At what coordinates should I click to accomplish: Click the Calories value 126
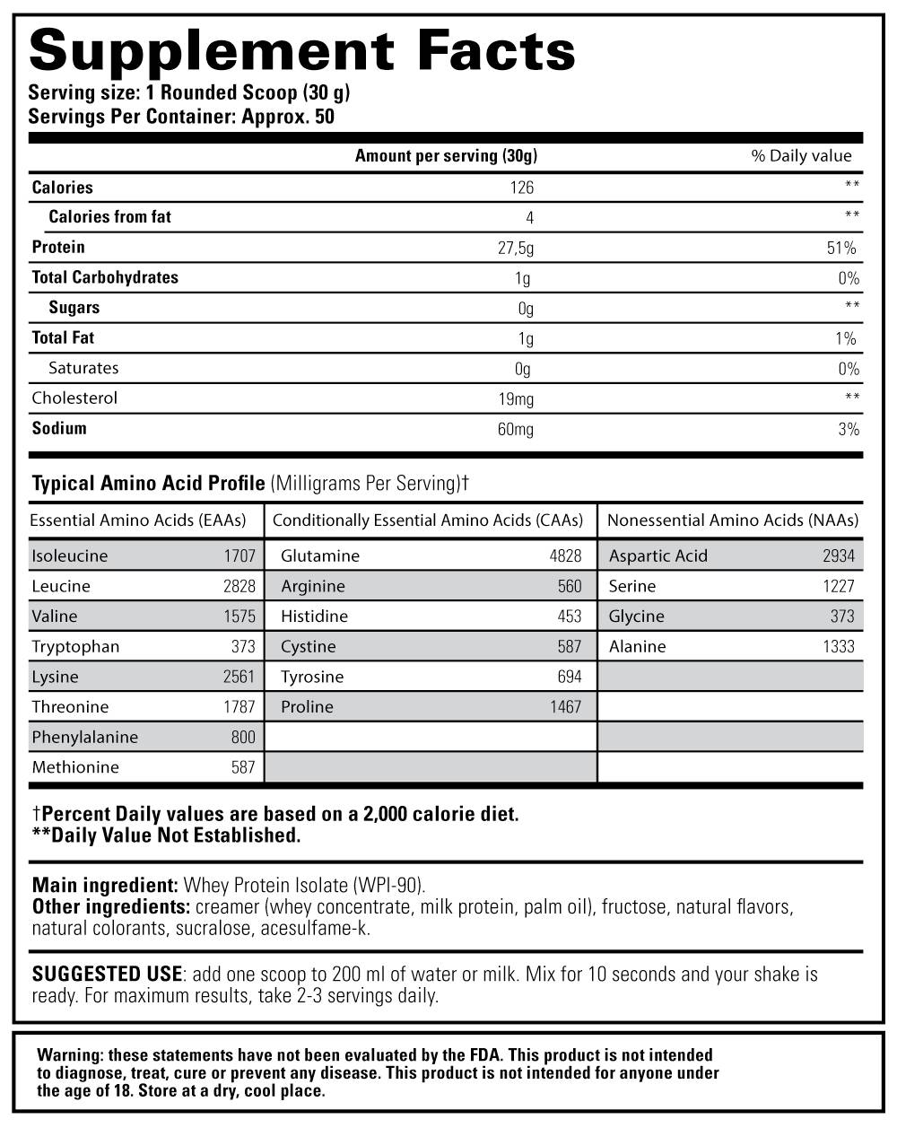click(521, 188)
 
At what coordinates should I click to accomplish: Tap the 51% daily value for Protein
click(842, 248)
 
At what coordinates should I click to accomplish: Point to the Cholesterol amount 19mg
click(515, 398)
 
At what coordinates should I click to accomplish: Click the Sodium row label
click(59, 428)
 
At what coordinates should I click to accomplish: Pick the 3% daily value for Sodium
click(849, 429)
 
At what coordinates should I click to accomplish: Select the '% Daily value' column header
click(801, 155)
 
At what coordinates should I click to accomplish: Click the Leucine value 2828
click(239, 586)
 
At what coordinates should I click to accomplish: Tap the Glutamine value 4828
click(565, 555)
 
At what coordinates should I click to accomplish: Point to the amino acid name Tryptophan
click(75, 646)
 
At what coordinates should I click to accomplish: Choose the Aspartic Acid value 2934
click(839, 555)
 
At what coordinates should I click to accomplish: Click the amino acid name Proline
click(307, 707)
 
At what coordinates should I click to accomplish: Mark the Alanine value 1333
click(839, 646)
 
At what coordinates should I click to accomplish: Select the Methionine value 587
click(242, 767)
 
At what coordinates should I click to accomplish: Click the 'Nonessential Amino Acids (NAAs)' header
click(732, 520)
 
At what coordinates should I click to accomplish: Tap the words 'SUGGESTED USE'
click(107, 974)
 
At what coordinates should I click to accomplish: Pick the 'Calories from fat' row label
click(109, 216)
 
